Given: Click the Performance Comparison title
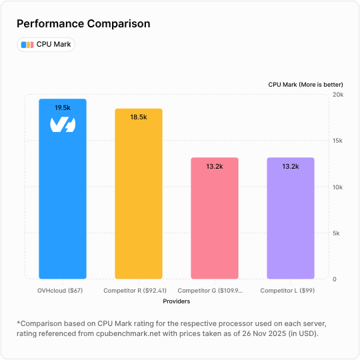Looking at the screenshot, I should click(x=83, y=24).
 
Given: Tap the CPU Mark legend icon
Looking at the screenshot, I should click(x=27, y=45).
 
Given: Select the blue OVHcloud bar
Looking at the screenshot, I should click(x=63, y=200).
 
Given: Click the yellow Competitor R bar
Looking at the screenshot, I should click(x=139, y=200).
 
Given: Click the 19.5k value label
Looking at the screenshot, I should click(x=63, y=107).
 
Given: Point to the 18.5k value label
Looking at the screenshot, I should click(x=139, y=117).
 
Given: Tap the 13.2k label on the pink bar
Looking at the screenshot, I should click(x=215, y=166).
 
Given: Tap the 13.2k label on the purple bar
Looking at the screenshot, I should click(x=291, y=166).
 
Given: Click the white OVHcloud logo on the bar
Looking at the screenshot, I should click(x=63, y=124).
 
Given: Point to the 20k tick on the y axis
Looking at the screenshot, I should click(x=338, y=95).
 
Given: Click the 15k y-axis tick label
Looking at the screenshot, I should click(x=338, y=141).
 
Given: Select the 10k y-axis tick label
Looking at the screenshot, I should click(x=338, y=187).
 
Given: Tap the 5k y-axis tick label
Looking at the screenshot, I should click(x=338, y=233).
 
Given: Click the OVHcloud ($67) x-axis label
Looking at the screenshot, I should click(x=60, y=291).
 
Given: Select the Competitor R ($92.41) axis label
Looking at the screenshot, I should click(x=135, y=291).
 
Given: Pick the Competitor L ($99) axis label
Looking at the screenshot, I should click(x=287, y=291).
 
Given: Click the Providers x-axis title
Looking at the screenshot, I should click(x=176, y=301).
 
